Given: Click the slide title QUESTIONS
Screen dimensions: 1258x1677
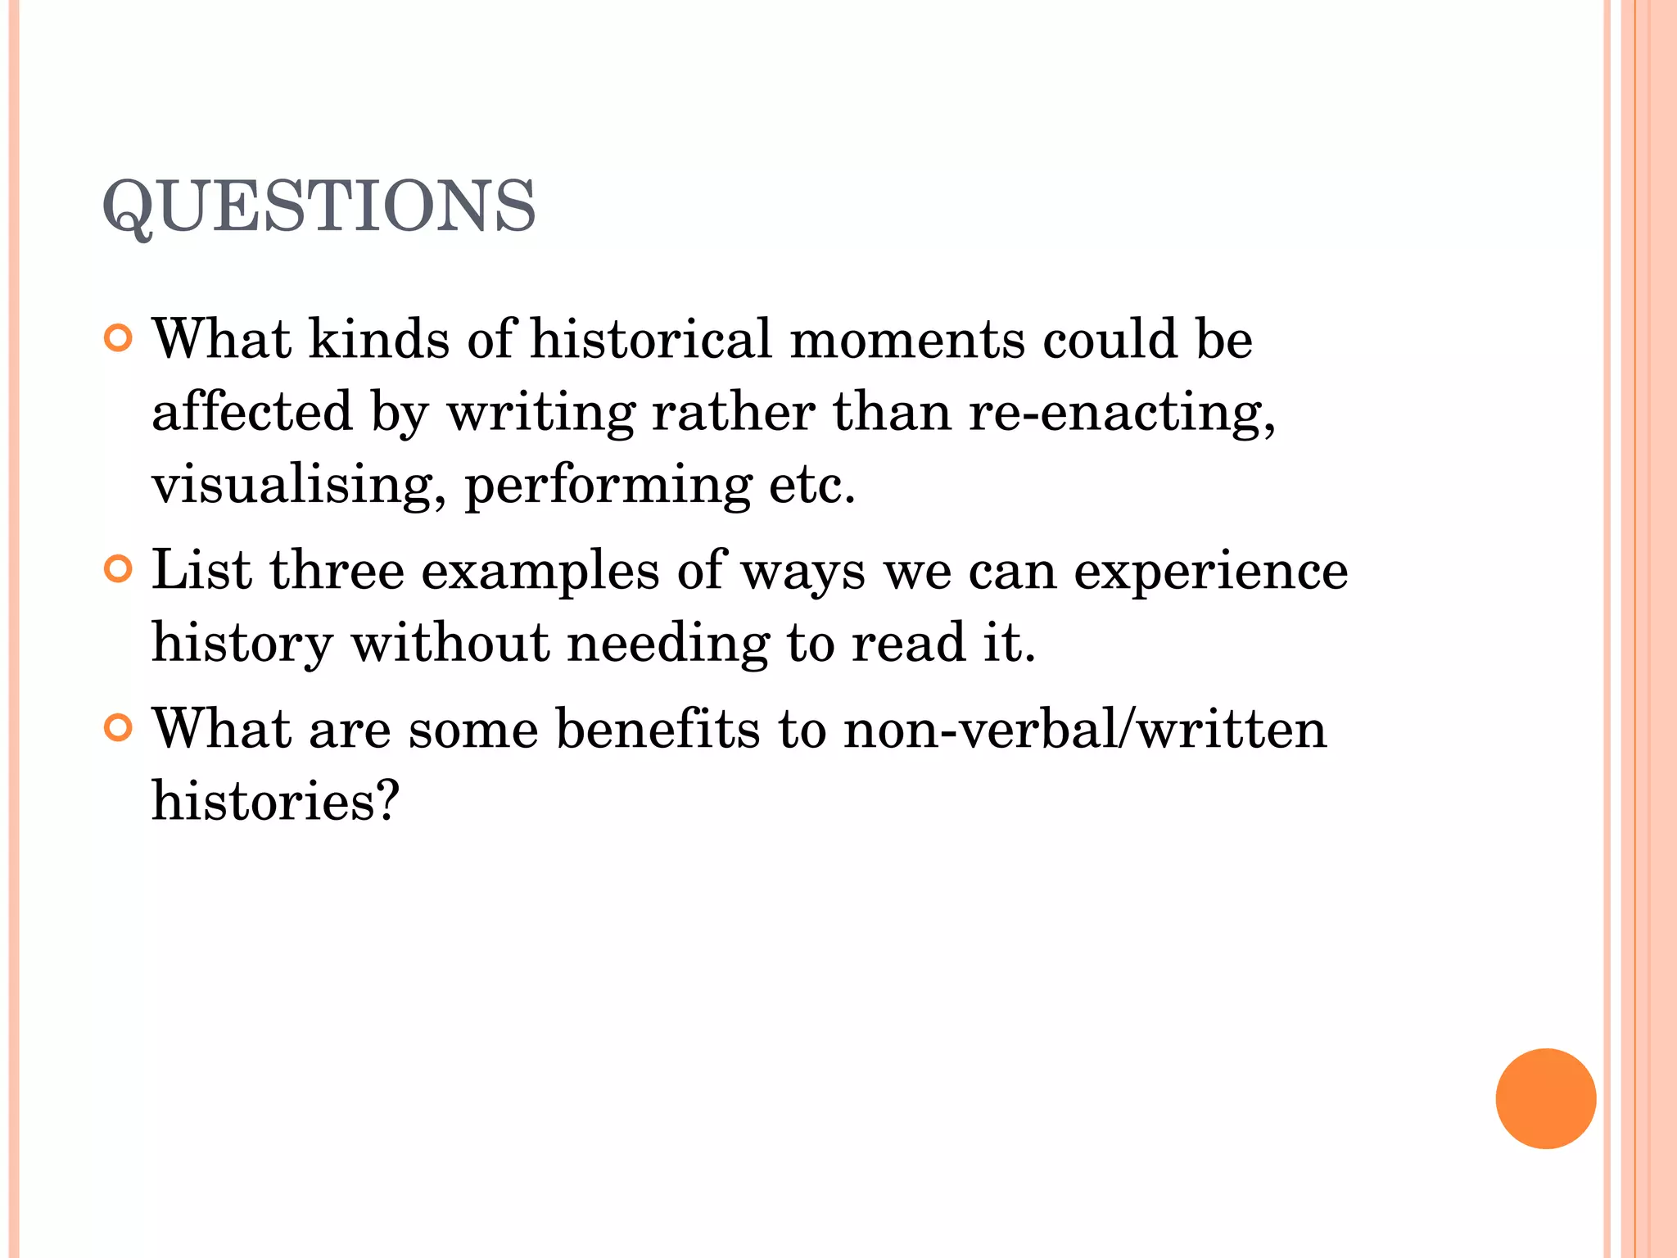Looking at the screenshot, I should [319, 206].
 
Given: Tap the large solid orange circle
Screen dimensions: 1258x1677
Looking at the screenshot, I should [1545, 1098].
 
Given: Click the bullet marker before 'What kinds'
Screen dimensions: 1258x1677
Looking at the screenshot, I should [119, 338].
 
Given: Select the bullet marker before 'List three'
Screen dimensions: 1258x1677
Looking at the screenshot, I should [119, 569].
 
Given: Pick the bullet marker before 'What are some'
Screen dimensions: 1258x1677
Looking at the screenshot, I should [119, 727].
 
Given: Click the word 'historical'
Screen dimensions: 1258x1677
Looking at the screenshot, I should [651, 338].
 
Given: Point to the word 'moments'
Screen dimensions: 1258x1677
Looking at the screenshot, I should [906, 340].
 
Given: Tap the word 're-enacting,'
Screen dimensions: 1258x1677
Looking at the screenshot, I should [1122, 412].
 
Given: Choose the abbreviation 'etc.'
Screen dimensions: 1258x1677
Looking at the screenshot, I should [811, 485].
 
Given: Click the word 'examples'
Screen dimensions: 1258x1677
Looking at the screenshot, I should [540, 572].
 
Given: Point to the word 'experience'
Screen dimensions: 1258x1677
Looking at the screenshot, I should [1210, 572].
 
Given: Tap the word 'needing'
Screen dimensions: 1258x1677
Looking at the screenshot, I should [668, 644].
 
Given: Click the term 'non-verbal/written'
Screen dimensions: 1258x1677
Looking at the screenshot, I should [1085, 728].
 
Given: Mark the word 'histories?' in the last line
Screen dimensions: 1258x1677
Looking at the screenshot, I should [275, 800].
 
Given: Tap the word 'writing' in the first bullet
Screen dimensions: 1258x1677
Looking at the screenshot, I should [540, 412].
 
